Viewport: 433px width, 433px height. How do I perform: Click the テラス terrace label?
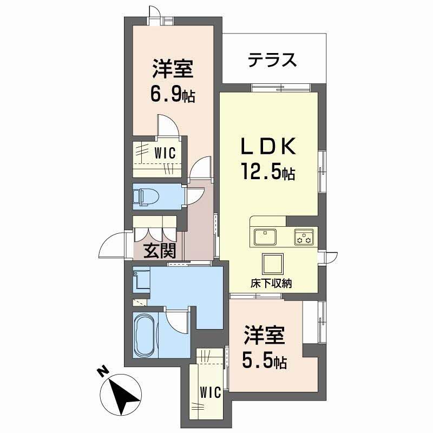[x=273, y=60]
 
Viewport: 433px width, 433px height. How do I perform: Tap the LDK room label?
[x=268, y=147]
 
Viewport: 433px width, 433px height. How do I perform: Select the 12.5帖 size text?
[x=268, y=173]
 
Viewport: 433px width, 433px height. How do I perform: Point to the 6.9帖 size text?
[x=173, y=95]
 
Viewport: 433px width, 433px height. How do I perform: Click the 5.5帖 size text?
[x=265, y=361]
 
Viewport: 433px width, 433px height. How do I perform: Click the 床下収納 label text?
[x=271, y=283]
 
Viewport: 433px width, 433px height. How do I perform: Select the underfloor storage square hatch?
[x=272, y=264]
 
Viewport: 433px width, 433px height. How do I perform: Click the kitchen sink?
[x=265, y=237]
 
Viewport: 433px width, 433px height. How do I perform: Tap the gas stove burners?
[x=303, y=237]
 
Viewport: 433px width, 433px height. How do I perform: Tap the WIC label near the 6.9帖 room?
[x=165, y=153]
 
